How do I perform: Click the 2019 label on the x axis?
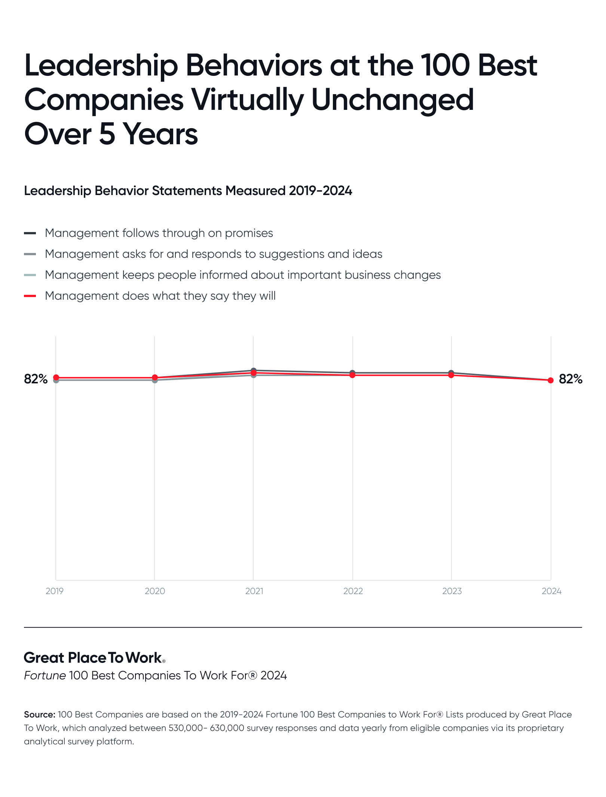pyautogui.click(x=55, y=591)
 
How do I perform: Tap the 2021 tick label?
pyautogui.click(x=254, y=591)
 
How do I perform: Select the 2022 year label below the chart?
pyautogui.click(x=353, y=591)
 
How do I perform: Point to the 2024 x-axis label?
pyautogui.click(x=551, y=591)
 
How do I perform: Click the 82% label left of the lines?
pyautogui.click(x=36, y=379)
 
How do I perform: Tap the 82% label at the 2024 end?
pyautogui.click(x=570, y=379)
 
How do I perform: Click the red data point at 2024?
pyautogui.click(x=550, y=380)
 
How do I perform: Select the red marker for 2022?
pyautogui.click(x=352, y=375)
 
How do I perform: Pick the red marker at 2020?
pyautogui.click(x=155, y=377)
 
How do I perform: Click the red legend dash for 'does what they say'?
pyautogui.click(x=30, y=296)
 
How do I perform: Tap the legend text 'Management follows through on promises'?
pyautogui.click(x=159, y=233)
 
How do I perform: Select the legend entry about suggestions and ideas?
pyautogui.click(x=213, y=254)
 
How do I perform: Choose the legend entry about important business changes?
pyautogui.click(x=242, y=275)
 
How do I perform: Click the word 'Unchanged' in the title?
pyautogui.click(x=392, y=100)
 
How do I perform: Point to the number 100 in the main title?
pyautogui.click(x=445, y=65)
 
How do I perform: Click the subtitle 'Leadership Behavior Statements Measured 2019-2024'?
pyautogui.click(x=188, y=191)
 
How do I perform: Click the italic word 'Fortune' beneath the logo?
pyautogui.click(x=45, y=676)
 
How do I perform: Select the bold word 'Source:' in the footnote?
pyautogui.click(x=40, y=714)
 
